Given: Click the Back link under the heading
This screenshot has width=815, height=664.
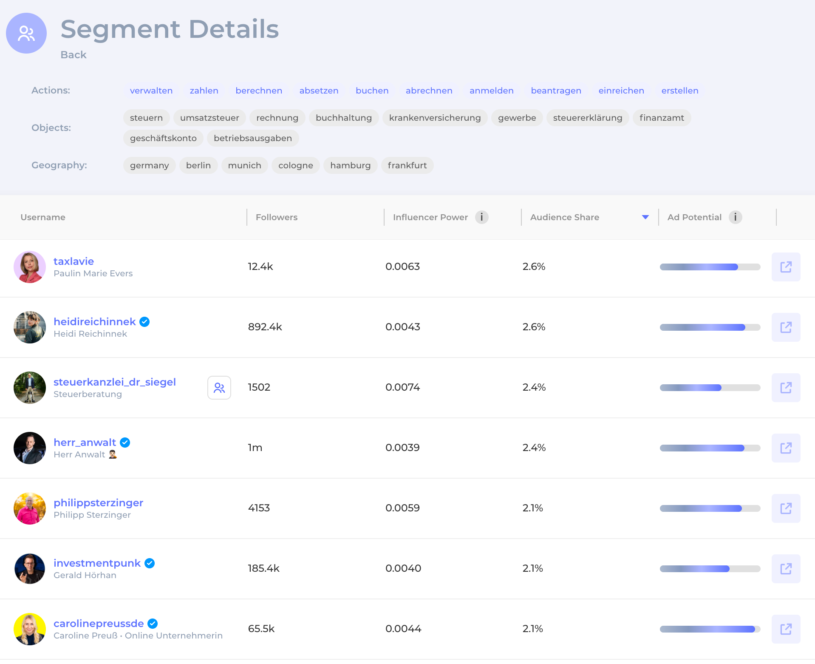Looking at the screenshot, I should [x=74, y=55].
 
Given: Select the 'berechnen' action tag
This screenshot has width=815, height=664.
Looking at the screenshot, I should [x=259, y=91].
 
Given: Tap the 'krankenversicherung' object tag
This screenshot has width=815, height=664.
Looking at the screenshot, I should [x=435, y=118].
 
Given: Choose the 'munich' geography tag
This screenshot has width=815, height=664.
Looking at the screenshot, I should [x=244, y=165].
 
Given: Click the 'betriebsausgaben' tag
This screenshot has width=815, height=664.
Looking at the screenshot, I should [x=253, y=138].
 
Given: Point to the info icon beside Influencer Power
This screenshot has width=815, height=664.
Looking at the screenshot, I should [x=481, y=217].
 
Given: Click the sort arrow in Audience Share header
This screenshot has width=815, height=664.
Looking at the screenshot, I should [x=645, y=217].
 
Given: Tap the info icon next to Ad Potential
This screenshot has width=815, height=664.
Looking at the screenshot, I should [x=735, y=217].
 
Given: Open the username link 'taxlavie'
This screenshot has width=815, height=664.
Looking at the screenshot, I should [x=74, y=261].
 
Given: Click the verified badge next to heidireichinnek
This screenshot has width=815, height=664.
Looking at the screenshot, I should [x=144, y=322].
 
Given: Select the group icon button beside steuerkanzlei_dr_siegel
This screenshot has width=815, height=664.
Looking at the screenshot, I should [x=219, y=388].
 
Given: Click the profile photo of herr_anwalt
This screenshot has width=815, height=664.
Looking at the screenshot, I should [x=30, y=448].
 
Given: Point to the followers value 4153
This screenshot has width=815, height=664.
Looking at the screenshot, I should [x=259, y=508].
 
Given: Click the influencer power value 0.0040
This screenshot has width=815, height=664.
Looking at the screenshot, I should [x=403, y=568].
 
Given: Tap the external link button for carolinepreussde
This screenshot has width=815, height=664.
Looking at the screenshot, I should [x=786, y=629].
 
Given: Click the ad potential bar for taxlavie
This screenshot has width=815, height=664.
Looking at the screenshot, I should [x=710, y=267].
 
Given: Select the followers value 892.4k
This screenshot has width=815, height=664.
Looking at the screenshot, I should [x=265, y=327].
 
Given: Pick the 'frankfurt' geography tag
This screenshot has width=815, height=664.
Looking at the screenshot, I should [x=407, y=165].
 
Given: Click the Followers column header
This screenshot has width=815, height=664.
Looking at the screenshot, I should [x=277, y=217].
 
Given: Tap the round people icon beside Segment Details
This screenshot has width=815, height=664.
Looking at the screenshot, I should [x=26, y=33].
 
